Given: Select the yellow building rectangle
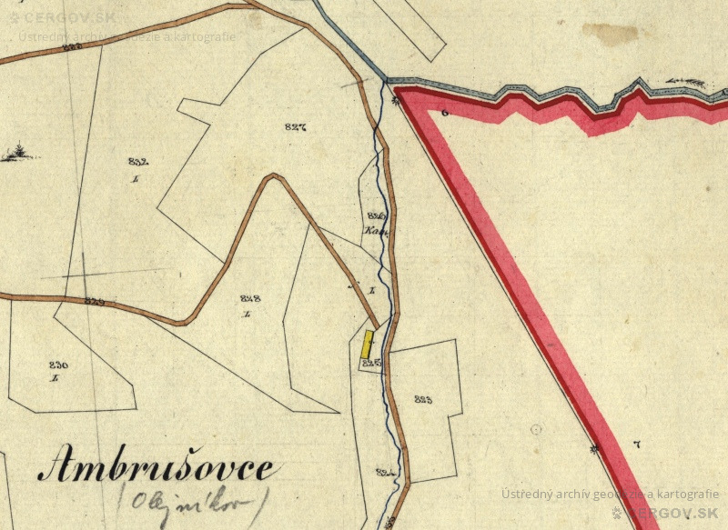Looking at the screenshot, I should [x=368, y=344].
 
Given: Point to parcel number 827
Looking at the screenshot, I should [x=295, y=127].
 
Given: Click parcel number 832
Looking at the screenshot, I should [x=137, y=161].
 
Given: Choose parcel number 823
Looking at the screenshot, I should [x=422, y=399].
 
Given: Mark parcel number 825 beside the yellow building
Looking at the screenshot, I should [x=369, y=363].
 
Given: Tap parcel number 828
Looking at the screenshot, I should [x=250, y=298].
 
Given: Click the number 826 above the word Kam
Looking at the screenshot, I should [x=377, y=215].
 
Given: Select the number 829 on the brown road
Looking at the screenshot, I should [x=93, y=301].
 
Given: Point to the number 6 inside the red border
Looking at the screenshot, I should [x=445, y=113].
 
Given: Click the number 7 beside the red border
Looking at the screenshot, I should [x=636, y=444].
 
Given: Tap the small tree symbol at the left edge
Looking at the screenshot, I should [x=17, y=154].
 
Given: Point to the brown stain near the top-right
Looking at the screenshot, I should [x=610, y=34].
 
